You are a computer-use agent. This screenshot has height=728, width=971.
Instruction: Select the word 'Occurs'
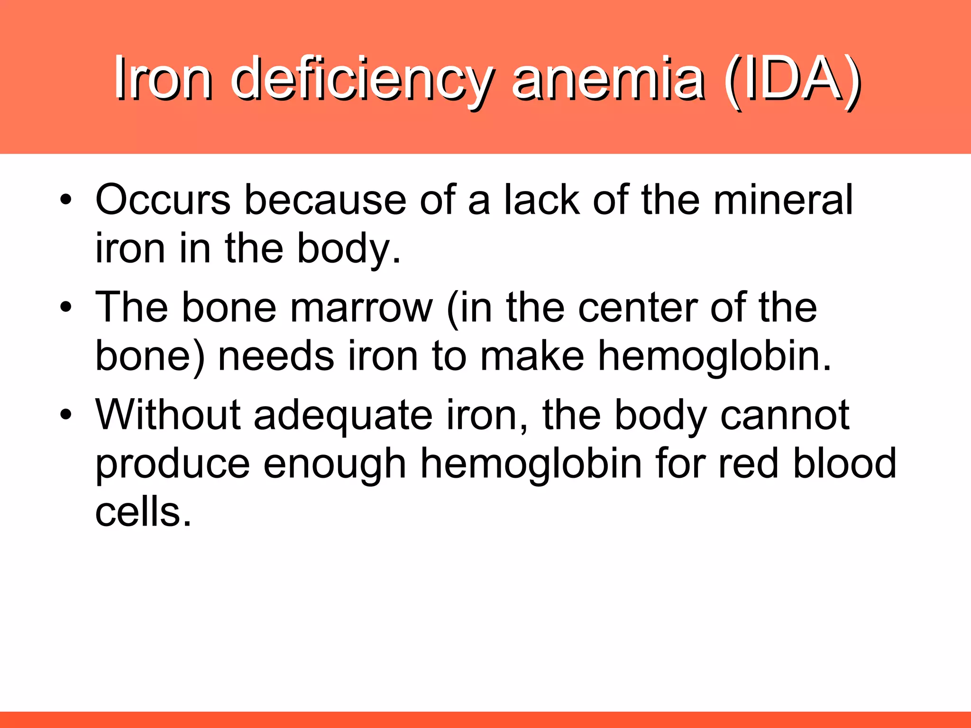(163, 200)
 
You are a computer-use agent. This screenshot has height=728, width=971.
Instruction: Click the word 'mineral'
(783, 200)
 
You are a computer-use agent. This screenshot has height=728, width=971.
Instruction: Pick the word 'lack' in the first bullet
(541, 200)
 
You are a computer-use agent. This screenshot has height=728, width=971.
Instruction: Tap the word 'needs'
(276, 356)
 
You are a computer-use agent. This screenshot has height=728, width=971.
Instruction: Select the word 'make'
(532, 356)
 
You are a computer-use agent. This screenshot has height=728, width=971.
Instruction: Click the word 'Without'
(168, 415)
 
